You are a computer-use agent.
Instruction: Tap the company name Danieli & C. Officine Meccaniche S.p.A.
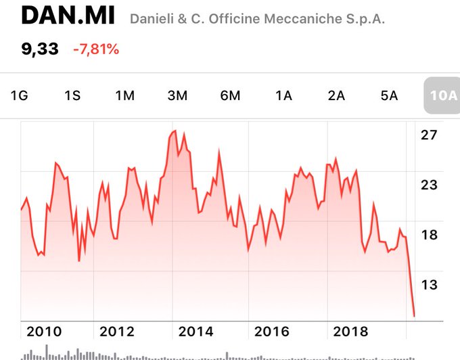(257, 19)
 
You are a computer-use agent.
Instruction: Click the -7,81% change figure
(96, 49)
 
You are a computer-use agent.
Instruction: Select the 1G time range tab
(19, 95)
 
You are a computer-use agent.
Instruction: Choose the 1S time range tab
(72, 95)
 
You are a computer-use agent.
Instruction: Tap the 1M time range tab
(124, 95)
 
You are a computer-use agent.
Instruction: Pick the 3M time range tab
(177, 95)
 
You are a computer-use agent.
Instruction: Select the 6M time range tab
(230, 95)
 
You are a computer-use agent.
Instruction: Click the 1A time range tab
(283, 95)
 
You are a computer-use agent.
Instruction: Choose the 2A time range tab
(336, 95)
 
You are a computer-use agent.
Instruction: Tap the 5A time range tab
(389, 95)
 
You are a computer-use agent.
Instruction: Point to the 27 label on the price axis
(429, 135)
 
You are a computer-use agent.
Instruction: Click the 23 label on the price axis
(429, 185)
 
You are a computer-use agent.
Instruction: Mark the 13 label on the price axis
(429, 284)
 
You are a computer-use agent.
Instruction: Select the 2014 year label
(195, 332)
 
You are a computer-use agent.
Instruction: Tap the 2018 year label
(350, 332)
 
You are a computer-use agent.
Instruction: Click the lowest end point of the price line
(414, 315)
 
